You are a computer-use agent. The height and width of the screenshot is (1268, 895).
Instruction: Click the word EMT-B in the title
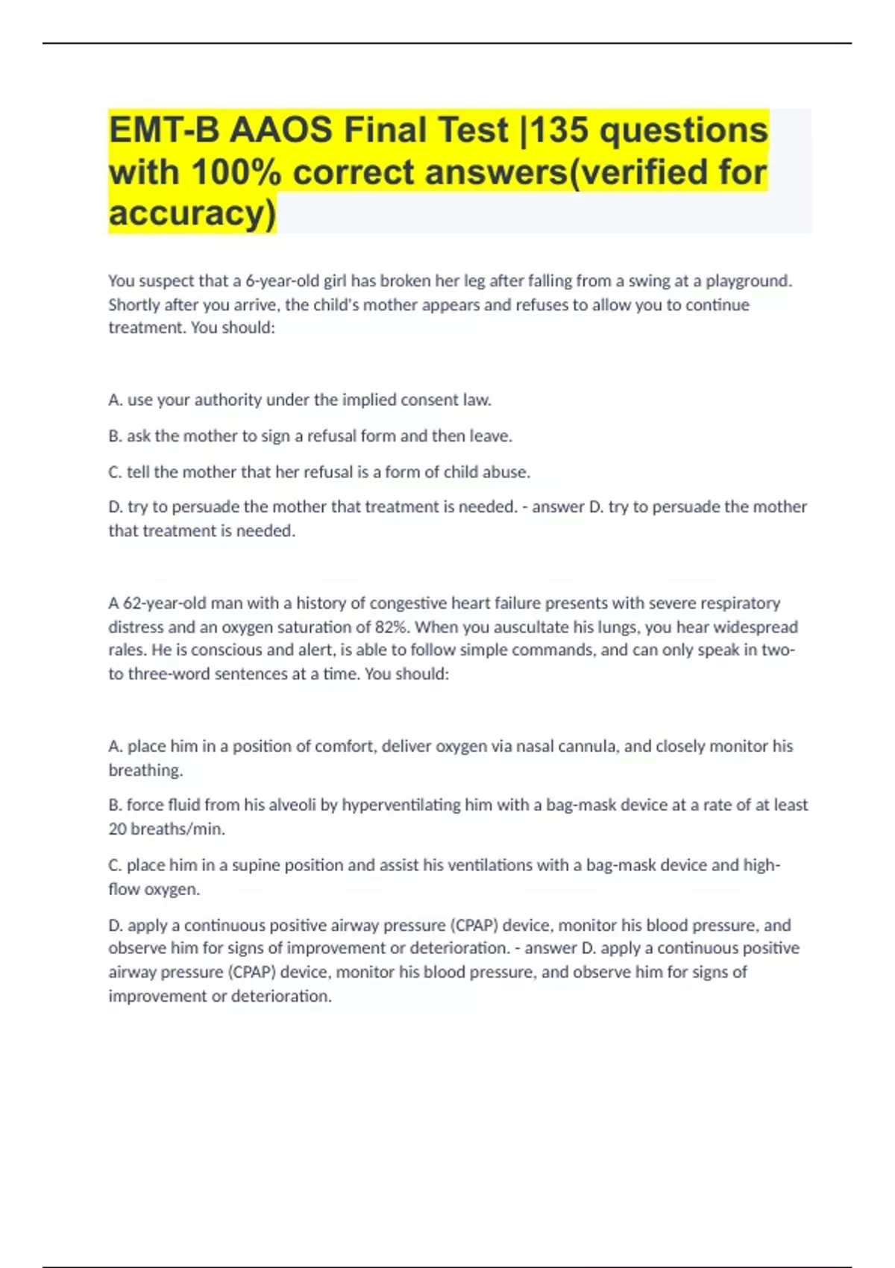[163, 131]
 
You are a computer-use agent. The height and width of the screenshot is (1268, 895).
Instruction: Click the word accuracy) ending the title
[192, 213]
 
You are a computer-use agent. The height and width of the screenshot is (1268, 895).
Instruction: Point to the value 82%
[390, 627]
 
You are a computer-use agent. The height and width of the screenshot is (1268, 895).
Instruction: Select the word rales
[126, 650]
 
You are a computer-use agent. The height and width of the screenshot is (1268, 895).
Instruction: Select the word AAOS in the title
[280, 131]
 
